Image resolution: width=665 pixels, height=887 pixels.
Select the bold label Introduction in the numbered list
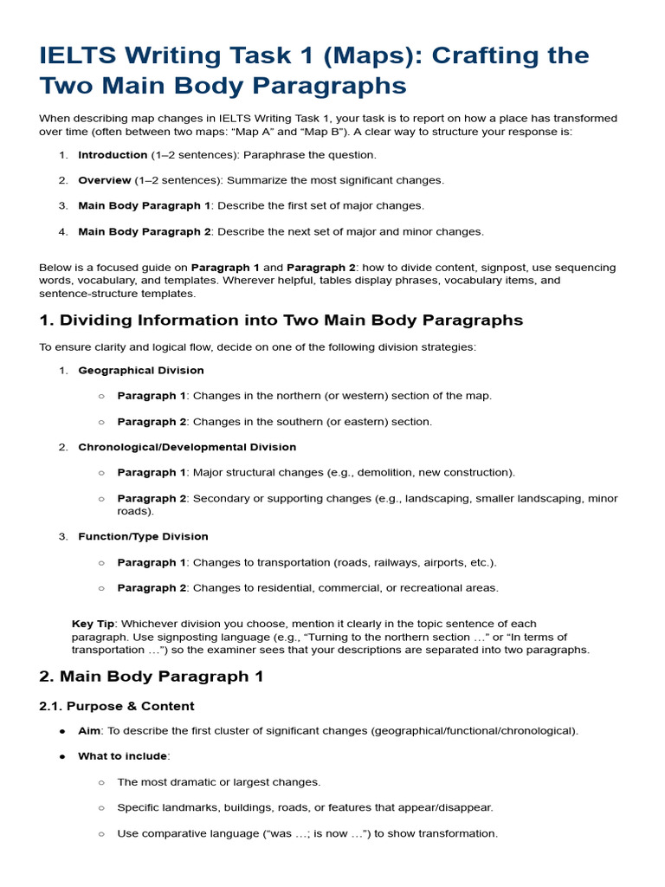point(113,155)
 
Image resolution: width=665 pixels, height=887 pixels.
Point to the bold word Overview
point(105,180)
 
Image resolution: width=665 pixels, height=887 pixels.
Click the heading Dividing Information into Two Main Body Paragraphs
point(281,320)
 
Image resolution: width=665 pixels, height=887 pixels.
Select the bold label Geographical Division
point(141,371)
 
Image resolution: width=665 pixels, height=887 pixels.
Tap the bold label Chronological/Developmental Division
point(187,448)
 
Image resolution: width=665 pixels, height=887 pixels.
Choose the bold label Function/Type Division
point(143,537)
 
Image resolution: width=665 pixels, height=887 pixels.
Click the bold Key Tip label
point(94,624)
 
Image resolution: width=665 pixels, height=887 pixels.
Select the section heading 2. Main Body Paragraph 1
point(152,677)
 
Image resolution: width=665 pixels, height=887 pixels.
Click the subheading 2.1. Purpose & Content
point(117,706)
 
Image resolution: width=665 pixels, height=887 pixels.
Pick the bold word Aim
point(89,731)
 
